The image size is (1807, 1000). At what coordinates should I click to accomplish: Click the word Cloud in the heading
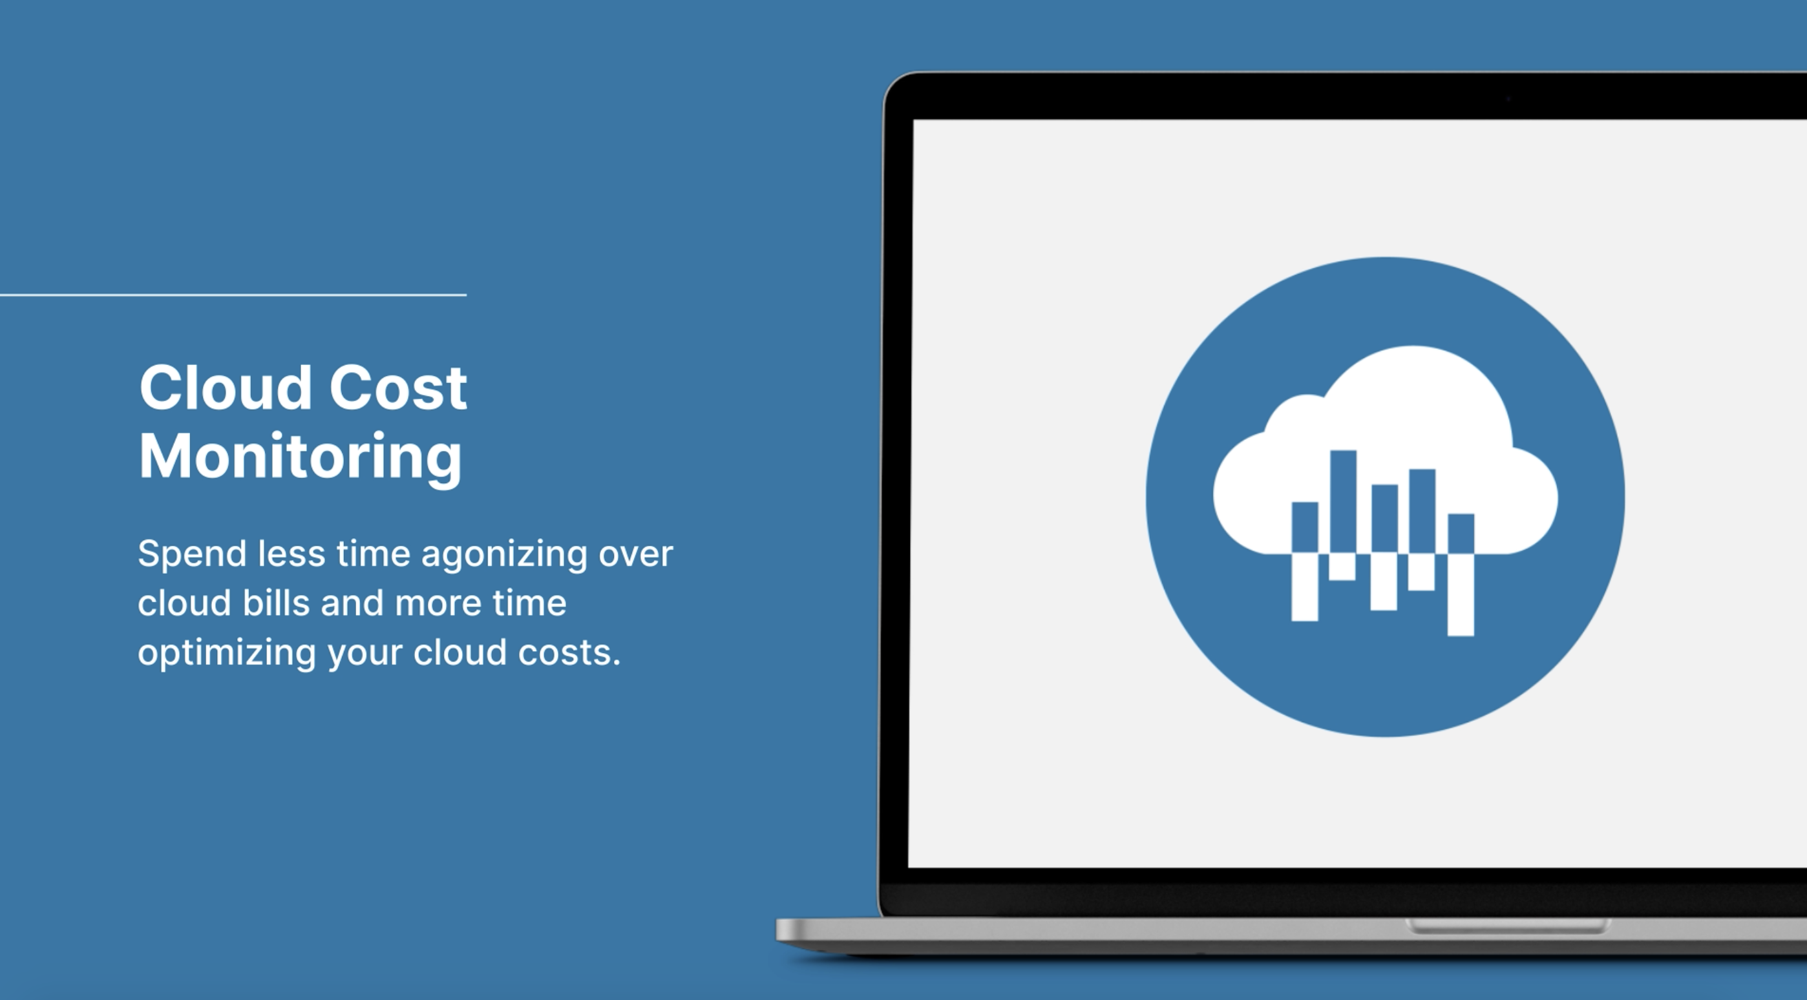click(225, 387)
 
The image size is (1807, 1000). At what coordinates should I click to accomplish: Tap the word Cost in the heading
click(397, 387)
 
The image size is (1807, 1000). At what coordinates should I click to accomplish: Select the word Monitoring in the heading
click(301, 457)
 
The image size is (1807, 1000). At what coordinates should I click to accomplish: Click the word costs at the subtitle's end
click(569, 653)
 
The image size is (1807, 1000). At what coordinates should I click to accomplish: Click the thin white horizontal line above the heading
click(233, 295)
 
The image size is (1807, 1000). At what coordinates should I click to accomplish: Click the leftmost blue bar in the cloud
click(1305, 528)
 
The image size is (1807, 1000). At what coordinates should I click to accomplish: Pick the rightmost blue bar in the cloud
click(1461, 534)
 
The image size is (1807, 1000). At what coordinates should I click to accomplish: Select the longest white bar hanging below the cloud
click(1461, 596)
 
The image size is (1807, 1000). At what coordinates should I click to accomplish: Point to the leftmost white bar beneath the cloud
click(1305, 588)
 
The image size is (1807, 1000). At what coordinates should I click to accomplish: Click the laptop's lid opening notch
click(1508, 926)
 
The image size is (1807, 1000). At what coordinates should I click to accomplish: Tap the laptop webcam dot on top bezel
click(1508, 99)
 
